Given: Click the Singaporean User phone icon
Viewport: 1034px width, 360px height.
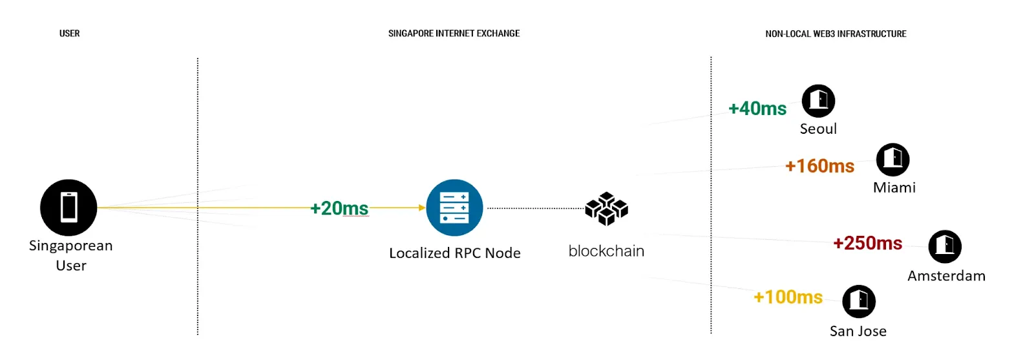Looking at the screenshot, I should tap(69, 207).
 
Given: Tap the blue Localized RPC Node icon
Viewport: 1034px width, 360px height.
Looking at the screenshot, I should tap(454, 207).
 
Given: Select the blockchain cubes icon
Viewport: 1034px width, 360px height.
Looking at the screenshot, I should tap(606, 208).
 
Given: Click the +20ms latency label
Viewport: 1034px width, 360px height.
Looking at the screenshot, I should tap(339, 208).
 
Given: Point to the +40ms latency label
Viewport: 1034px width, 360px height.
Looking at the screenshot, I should tap(757, 109).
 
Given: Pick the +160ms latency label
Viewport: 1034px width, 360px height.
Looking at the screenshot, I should tap(819, 166).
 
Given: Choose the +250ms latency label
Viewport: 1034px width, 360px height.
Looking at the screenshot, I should tap(868, 243).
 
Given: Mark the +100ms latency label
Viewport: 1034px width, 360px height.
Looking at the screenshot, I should tap(788, 297).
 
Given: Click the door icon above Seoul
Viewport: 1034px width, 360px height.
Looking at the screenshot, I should tap(818, 101).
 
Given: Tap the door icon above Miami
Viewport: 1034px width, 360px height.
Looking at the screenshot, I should tap(892, 160).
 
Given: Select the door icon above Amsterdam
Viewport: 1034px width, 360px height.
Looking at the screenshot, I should tap(945, 246).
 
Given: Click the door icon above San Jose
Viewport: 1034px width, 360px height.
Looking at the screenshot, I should tap(859, 301).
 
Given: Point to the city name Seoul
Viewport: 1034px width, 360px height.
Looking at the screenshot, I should tap(818, 129).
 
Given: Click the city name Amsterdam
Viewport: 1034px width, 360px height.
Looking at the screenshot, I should tap(946, 276).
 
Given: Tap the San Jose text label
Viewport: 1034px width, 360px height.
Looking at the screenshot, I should tap(858, 331).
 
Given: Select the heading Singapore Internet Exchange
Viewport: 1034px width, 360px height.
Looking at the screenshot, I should tap(454, 34).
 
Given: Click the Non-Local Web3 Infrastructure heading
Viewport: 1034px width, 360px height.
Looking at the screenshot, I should tap(836, 34).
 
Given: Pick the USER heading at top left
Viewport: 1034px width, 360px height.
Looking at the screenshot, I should tap(70, 34).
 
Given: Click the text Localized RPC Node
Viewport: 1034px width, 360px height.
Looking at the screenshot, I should tap(454, 253).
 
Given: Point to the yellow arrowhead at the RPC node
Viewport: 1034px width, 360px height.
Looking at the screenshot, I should tap(421, 207).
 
